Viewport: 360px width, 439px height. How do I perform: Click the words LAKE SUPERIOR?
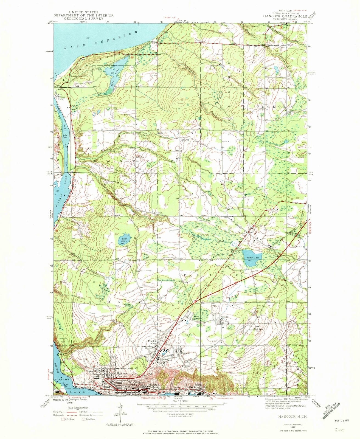tap(101, 40)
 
